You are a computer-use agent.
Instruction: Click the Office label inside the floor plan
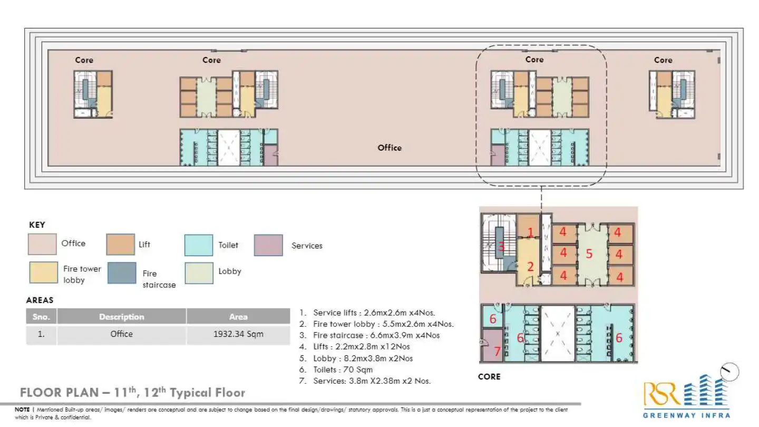[x=390, y=148]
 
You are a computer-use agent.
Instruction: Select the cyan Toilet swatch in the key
[x=199, y=245]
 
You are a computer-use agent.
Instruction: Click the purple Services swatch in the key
[x=268, y=245]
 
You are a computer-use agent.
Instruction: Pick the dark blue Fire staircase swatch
[x=121, y=273]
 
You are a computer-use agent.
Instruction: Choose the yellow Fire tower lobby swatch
[x=43, y=273]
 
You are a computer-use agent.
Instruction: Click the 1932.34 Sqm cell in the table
[x=238, y=334]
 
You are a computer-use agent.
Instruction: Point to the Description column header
[x=121, y=317]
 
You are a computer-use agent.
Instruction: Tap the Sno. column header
[x=41, y=317]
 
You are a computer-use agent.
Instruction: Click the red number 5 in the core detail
[x=589, y=254]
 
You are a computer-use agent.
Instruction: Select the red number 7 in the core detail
[x=497, y=351]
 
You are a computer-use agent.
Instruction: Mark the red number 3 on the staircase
[x=501, y=246]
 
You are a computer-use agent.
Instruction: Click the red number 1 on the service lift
[x=531, y=232]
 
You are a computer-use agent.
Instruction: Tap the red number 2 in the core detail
[x=531, y=267]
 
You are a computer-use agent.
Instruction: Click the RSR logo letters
[x=661, y=394]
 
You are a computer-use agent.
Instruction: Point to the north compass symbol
[x=729, y=372]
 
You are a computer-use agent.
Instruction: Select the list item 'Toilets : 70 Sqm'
[x=343, y=370]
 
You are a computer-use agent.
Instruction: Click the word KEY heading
[x=37, y=225]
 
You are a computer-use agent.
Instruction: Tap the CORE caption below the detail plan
[x=489, y=377]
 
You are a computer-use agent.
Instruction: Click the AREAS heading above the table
[x=40, y=300]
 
